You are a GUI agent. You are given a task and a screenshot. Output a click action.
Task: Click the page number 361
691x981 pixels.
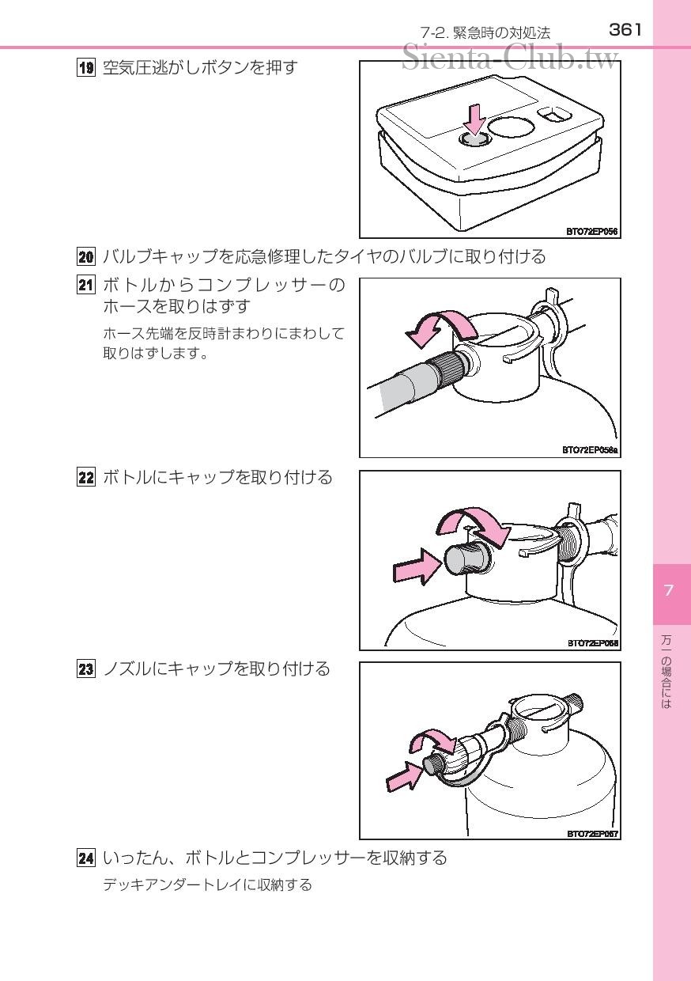pyautogui.click(x=625, y=30)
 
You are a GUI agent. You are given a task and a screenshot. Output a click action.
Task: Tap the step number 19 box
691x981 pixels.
pyautogui.click(x=85, y=68)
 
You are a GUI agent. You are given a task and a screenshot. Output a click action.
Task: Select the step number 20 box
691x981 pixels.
pyautogui.click(x=85, y=256)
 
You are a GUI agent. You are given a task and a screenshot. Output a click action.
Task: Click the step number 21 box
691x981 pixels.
pyautogui.click(x=85, y=285)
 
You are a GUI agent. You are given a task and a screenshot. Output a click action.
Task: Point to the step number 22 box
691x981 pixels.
pyautogui.click(x=85, y=477)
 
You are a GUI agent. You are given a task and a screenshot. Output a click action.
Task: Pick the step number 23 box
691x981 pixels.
pyautogui.click(x=85, y=669)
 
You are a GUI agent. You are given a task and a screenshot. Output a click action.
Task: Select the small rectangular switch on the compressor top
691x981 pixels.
pyautogui.click(x=554, y=115)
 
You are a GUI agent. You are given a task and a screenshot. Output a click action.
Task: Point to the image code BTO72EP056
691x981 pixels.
pyautogui.click(x=591, y=231)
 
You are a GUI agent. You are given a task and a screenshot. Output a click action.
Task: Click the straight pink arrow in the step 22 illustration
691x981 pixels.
pyautogui.click(x=417, y=566)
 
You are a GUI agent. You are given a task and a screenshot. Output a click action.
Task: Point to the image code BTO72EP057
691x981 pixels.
pyautogui.click(x=592, y=834)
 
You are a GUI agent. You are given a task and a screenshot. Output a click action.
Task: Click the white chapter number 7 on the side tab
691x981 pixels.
pyautogui.click(x=668, y=590)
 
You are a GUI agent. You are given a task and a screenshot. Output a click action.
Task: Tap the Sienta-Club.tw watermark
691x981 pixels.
pyautogui.click(x=510, y=59)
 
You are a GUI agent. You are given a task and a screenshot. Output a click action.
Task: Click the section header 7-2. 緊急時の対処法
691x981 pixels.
pyautogui.click(x=485, y=32)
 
